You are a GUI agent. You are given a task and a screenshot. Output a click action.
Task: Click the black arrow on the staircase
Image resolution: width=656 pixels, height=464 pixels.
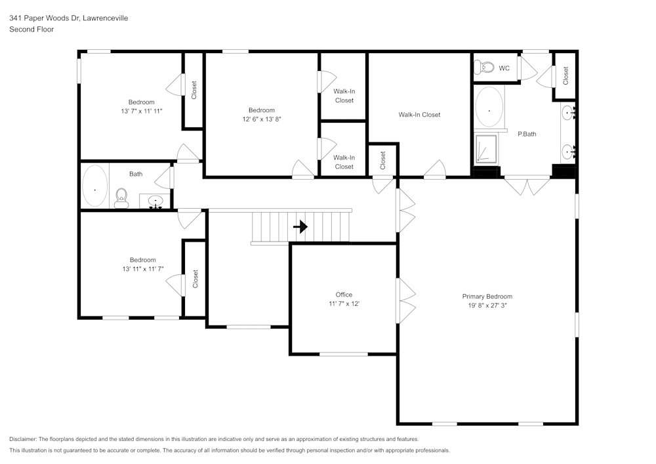tap(300, 227)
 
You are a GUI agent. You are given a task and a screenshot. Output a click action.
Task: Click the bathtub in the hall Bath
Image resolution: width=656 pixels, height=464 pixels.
tap(95, 186)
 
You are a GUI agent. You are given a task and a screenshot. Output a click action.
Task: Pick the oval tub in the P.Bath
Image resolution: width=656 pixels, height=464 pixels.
tap(489, 108)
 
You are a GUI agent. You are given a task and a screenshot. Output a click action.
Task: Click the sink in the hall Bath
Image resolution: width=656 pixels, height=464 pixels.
tap(155, 201)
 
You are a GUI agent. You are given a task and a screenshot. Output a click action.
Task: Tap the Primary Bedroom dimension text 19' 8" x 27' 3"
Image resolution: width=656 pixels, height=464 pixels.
tap(487, 305)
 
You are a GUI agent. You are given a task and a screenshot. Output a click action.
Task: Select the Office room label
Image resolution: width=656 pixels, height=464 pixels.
tap(344, 295)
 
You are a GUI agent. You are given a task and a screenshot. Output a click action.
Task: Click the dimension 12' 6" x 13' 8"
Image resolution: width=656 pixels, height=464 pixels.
tap(261, 119)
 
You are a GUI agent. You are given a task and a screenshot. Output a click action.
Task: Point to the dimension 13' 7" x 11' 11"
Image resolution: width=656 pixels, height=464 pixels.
tap(141, 111)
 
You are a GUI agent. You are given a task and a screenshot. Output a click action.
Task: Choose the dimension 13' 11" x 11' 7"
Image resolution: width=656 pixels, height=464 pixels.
tap(142, 269)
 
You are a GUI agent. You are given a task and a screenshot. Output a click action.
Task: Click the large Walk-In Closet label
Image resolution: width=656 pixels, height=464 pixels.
tap(419, 115)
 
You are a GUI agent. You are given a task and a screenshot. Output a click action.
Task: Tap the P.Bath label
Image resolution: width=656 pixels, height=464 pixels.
tap(527, 134)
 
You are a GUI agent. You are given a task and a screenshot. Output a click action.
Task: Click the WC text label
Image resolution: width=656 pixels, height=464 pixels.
tap(504, 68)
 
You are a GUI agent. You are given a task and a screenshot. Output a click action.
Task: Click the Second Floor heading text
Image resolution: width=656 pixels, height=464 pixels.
tap(31, 30)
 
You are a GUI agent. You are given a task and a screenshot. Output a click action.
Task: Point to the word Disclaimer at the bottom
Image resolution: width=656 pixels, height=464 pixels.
tap(23, 439)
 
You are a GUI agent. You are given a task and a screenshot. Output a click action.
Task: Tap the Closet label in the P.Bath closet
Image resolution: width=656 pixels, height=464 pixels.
tap(565, 75)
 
